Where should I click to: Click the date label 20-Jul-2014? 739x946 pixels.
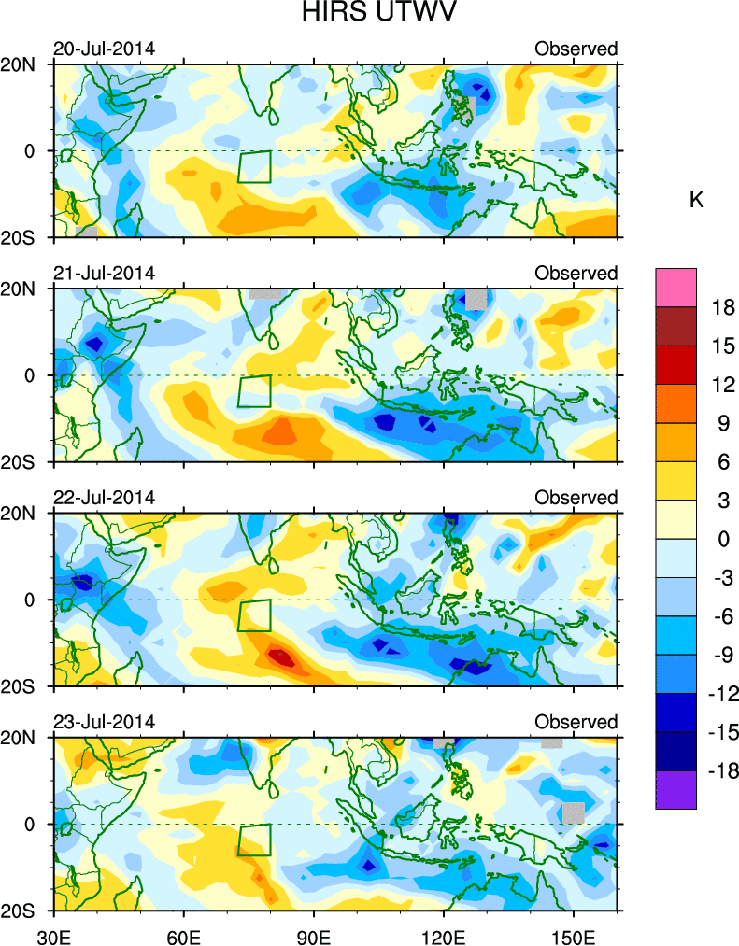point(103,49)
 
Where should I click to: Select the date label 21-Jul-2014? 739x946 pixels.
point(103,273)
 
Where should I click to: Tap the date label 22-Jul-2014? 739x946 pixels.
point(103,497)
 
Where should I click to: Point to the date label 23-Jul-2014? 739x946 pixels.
point(103,722)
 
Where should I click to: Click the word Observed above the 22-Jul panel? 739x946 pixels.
point(576,497)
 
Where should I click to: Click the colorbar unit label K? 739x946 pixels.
point(696,199)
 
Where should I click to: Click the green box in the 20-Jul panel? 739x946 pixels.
point(254,167)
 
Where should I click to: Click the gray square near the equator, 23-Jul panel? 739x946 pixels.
point(573,812)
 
